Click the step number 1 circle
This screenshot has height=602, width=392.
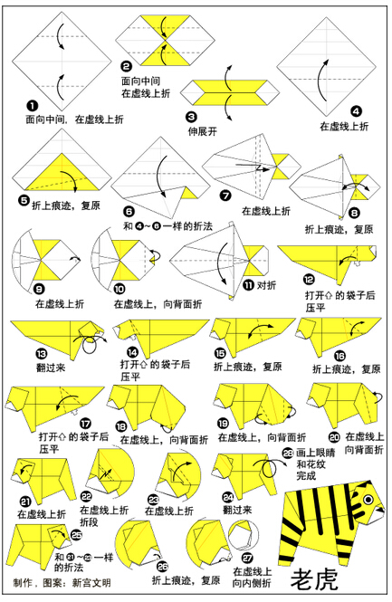point(33,106)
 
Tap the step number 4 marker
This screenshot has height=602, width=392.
point(356,111)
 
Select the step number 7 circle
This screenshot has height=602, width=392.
point(225,196)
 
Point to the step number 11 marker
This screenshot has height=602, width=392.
point(248,285)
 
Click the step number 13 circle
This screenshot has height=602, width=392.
point(41,354)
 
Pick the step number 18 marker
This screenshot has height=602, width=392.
point(121,426)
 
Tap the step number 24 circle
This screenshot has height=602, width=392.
point(228,498)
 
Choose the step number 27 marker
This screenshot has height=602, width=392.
point(247,557)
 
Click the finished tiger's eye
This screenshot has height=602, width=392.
point(368,500)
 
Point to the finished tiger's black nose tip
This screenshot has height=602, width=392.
point(380,509)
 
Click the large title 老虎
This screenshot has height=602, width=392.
point(314,579)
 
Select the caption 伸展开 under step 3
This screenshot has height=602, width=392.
point(202,131)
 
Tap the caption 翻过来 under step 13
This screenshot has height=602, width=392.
point(51,368)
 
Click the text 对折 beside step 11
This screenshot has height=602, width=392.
point(266,285)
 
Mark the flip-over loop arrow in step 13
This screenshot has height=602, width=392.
point(91,340)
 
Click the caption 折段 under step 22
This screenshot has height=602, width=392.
point(89,522)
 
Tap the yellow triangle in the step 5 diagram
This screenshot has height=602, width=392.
point(62,172)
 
